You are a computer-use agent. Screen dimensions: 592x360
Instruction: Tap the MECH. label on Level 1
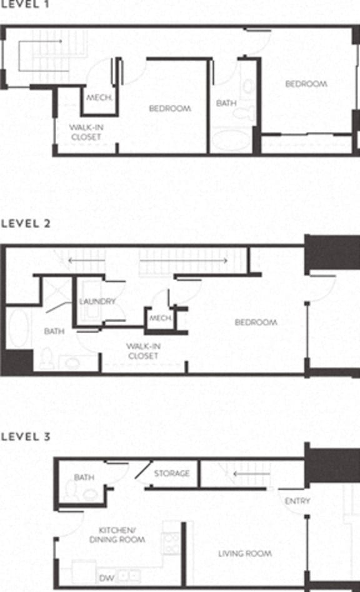(99, 98)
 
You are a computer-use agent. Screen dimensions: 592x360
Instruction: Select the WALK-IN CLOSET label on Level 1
(86, 132)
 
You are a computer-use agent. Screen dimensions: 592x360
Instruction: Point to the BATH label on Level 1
(226, 103)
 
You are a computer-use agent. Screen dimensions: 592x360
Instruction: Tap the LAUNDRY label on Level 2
(97, 301)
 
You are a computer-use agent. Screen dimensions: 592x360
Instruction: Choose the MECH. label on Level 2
(160, 318)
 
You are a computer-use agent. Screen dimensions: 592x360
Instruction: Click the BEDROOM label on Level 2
(256, 323)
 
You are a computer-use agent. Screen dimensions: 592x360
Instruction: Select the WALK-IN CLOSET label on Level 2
(142, 351)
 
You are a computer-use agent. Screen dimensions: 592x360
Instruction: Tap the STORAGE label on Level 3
(172, 473)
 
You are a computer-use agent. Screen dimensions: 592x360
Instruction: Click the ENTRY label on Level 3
(297, 501)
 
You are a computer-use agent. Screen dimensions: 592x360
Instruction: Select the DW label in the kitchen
(107, 578)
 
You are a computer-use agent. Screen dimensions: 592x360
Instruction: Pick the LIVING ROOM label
(244, 554)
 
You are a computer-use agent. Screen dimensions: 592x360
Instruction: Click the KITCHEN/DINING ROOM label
(117, 534)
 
